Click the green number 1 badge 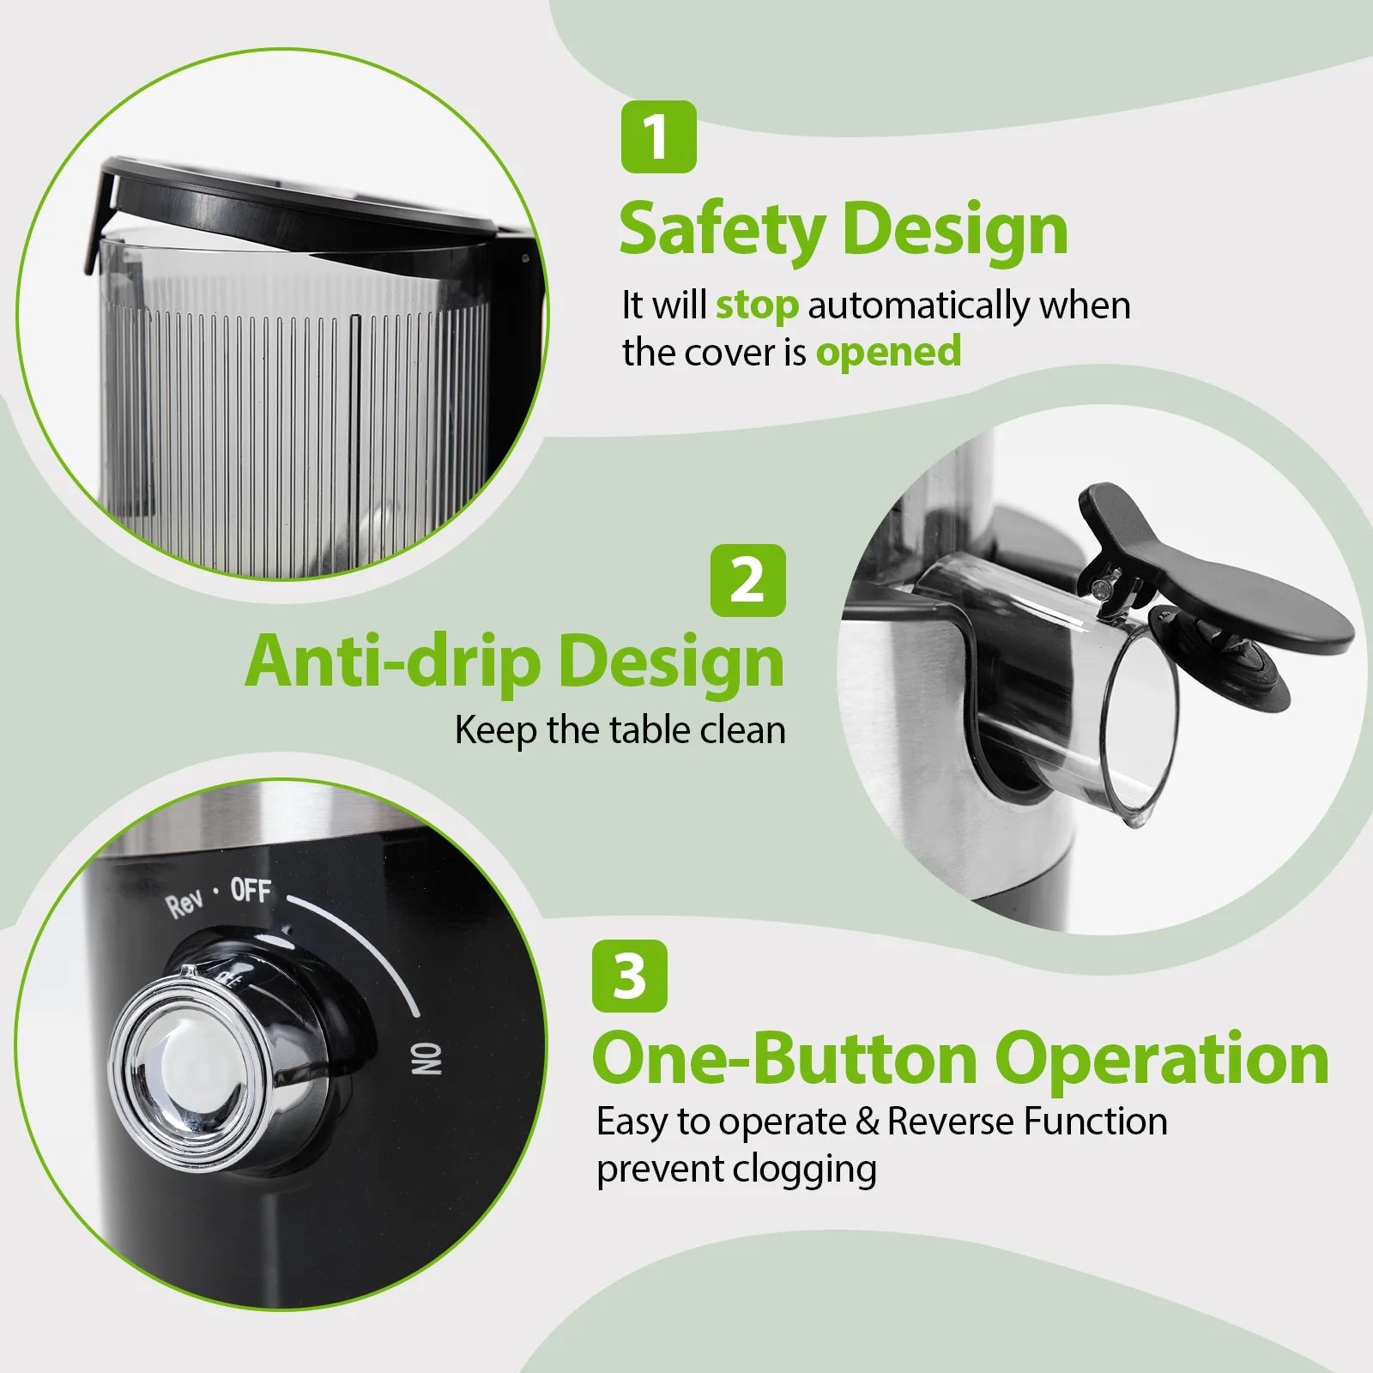(658, 137)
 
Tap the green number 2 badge (748, 580)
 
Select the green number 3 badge (629, 976)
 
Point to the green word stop (757, 305)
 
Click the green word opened (888, 352)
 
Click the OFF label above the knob (251, 892)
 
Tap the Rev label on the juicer (185, 904)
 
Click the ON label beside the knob (426, 1059)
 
